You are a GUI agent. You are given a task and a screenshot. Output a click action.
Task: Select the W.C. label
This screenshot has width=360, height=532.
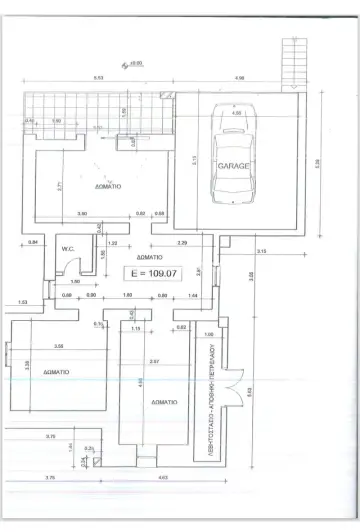point(69,249)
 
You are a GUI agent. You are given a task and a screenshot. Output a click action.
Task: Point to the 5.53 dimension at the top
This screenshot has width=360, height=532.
point(98,77)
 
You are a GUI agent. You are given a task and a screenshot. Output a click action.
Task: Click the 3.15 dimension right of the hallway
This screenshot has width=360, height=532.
point(261,250)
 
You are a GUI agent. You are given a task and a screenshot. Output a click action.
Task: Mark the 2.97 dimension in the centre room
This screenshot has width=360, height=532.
point(153,360)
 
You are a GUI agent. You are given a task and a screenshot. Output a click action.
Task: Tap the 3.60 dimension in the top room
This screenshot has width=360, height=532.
point(82,213)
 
